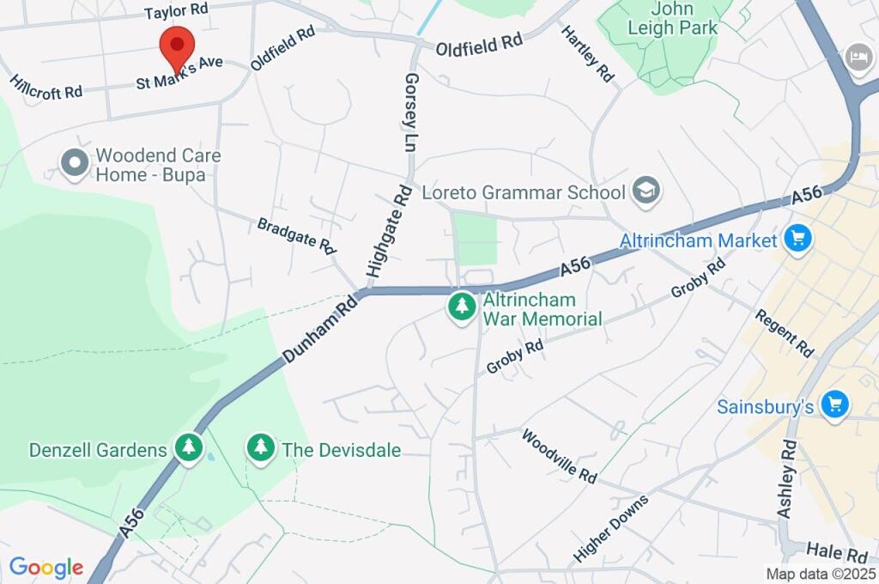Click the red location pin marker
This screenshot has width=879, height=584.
pyautogui.click(x=177, y=46)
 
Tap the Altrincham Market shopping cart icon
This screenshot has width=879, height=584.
pyautogui.click(x=797, y=240)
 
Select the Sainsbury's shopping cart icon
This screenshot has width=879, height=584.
pyautogui.click(x=834, y=405)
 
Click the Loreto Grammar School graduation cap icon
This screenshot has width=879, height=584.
pyautogui.click(x=645, y=192)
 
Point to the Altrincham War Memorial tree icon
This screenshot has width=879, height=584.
pyautogui.click(x=462, y=307)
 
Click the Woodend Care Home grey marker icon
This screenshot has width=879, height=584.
pyautogui.click(x=75, y=162)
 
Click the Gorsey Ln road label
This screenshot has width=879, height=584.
pyautogui.click(x=409, y=113)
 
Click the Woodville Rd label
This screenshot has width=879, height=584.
pyautogui.click(x=559, y=456)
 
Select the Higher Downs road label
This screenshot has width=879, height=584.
pyautogui.click(x=610, y=527)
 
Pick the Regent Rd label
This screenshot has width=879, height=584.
pyautogui.click(x=784, y=333)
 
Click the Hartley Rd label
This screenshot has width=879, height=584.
pyautogui.click(x=588, y=53)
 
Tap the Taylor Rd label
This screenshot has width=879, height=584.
pyautogui.click(x=176, y=11)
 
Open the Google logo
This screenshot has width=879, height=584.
pyautogui.click(x=45, y=568)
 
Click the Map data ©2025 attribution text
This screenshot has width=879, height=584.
pyautogui.click(x=819, y=574)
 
